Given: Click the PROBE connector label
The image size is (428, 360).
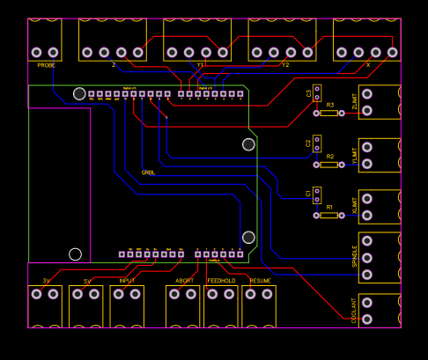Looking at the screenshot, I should (46, 65).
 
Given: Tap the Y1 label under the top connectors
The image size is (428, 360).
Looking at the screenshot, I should (200, 65).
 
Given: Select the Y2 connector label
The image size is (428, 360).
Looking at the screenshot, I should (285, 65).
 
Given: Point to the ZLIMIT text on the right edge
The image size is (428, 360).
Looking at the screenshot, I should (355, 104).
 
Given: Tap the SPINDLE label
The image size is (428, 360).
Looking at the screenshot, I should (355, 255).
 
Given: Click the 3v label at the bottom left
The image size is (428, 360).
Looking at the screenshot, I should (46, 281).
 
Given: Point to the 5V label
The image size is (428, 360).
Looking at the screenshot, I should (87, 281).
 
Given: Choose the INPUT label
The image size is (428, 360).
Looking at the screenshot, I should (127, 281).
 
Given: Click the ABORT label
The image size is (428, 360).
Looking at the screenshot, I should (185, 281).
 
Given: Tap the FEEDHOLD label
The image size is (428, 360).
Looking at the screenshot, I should (221, 281).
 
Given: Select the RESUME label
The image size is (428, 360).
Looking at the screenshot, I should (260, 281).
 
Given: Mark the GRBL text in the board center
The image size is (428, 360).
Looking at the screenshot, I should (148, 173).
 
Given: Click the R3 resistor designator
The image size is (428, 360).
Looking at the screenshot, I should (330, 106).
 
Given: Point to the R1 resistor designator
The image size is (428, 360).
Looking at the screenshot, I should (330, 207).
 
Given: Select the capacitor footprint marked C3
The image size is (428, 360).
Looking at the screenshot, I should (316, 92).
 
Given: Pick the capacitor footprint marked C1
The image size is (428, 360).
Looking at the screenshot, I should (316, 194).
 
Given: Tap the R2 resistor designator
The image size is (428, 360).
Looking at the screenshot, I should (330, 157).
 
